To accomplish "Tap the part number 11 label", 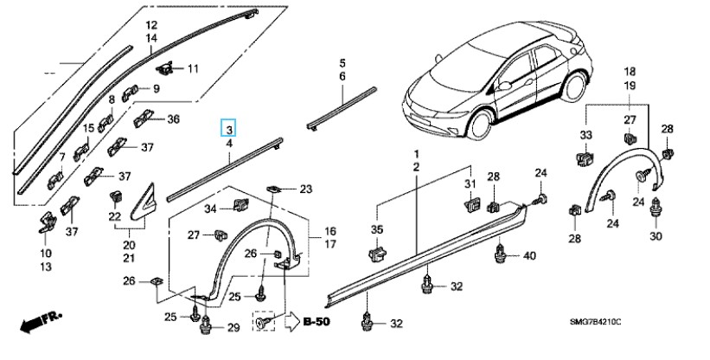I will click(x=193, y=68).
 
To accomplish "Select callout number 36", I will click(x=173, y=119).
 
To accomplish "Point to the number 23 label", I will click(x=305, y=189).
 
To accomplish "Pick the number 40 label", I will click(x=530, y=255).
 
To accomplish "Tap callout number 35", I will click(x=375, y=229).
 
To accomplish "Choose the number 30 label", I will click(x=656, y=236).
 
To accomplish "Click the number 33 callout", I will click(x=585, y=137).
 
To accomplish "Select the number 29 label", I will click(x=233, y=327).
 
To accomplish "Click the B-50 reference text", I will click(x=317, y=322).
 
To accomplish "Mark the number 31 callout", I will click(x=470, y=185).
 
